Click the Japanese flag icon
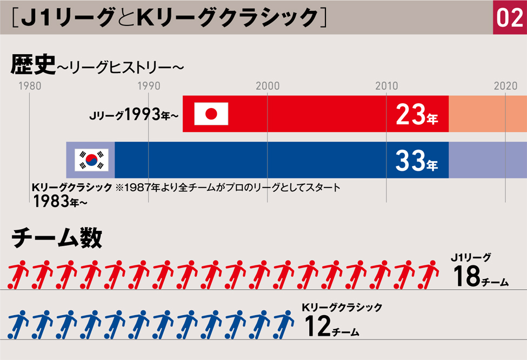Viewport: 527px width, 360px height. tap(211, 114)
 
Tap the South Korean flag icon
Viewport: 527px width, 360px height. tap(91, 159)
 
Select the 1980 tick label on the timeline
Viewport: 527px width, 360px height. tap(30, 86)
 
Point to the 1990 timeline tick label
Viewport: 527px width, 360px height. tap(149, 86)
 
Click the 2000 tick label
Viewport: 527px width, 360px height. tap(268, 86)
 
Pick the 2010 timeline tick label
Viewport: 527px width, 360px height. tap(386, 86)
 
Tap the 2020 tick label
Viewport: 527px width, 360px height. tap(505, 86)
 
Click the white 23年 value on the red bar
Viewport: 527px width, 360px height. tap(417, 114)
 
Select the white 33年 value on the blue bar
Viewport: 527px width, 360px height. tap(417, 161)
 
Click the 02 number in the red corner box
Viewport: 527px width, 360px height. tap(510, 17)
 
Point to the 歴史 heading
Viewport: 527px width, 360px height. tap(33, 64)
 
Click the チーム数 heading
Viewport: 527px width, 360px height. tap(57, 238)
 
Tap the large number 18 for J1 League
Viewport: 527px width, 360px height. tap(466, 276)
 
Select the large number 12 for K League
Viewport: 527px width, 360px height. tap(317, 326)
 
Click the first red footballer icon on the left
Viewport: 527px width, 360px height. tap(18, 275)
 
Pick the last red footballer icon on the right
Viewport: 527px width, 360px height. tap(429, 275)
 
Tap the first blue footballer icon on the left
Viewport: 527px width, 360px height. tap(18, 324)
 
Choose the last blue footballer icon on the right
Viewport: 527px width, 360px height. tap(284, 324)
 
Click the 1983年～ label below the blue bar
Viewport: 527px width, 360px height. tap(60, 202)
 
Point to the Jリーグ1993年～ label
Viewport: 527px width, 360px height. tap(134, 115)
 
